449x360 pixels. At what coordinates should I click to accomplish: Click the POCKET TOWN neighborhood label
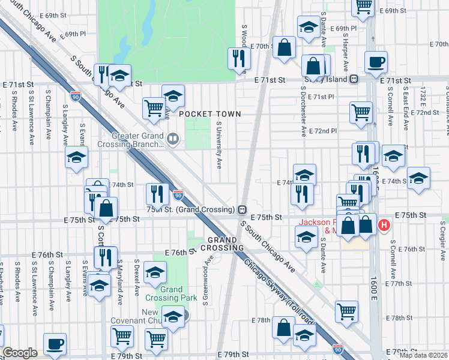click(x=209, y=114)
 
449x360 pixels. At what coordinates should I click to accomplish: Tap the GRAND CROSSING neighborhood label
click(x=222, y=244)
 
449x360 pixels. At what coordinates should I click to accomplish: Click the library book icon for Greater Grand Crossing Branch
click(x=173, y=140)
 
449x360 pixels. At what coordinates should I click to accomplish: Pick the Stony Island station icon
click(x=355, y=79)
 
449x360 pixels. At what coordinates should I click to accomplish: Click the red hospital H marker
click(x=384, y=226)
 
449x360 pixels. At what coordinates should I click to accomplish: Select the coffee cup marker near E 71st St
click(x=376, y=61)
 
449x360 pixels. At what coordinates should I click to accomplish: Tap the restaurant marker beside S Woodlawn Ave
click(x=239, y=58)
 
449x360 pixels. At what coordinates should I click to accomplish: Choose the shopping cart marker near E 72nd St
click(x=361, y=112)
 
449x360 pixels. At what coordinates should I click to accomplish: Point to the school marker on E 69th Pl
click(x=309, y=27)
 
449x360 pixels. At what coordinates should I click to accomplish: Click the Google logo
click(x=20, y=353)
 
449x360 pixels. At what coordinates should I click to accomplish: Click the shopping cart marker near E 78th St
click(x=347, y=311)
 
